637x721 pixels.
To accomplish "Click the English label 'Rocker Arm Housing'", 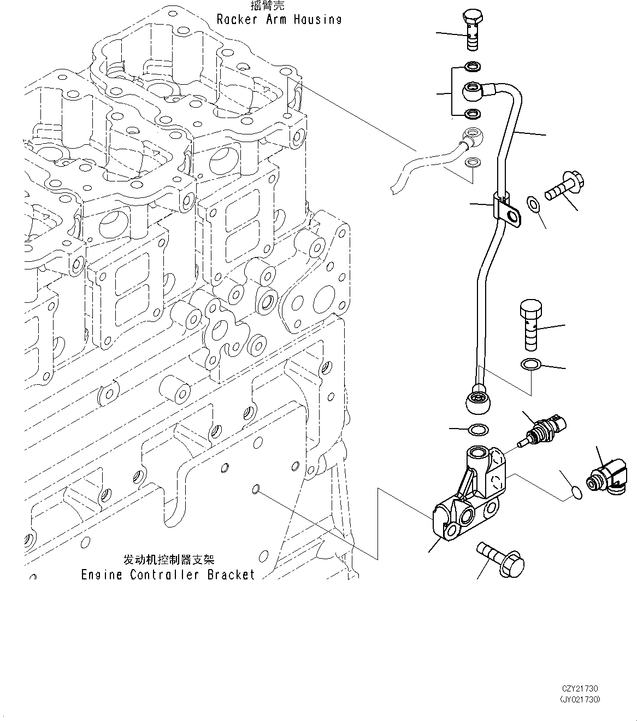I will click(x=279, y=20).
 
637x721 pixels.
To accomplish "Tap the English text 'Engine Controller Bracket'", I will click(x=168, y=575).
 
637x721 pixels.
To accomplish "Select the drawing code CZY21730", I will click(x=580, y=689).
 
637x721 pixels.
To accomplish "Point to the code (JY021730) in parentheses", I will click(x=580, y=699).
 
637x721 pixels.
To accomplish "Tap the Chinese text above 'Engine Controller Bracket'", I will click(x=169, y=559).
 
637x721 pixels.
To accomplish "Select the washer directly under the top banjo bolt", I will click(x=473, y=67).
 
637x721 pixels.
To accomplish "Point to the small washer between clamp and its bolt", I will click(x=533, y=204).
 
